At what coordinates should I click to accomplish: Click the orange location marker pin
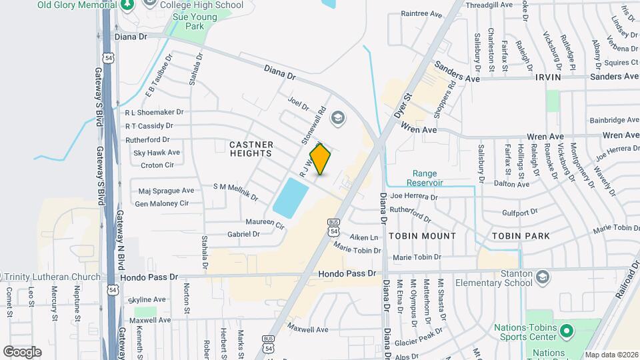(321, 159)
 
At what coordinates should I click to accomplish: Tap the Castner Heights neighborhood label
(251, 149)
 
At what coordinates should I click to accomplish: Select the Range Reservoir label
(427, 177)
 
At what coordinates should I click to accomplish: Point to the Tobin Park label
(521, 236)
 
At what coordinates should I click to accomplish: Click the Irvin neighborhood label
(547, 77)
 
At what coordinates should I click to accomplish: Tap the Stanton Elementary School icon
(543, 275)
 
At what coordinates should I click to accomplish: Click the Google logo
(22, 351)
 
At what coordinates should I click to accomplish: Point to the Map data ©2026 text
(611, 354)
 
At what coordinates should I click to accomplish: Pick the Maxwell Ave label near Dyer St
(308, 329)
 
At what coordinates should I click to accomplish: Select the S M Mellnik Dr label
(235, 191)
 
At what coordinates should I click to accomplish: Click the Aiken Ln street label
(365, 237)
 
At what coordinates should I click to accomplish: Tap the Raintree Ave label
(421, 13)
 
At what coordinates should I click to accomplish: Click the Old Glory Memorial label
(73, 5)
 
